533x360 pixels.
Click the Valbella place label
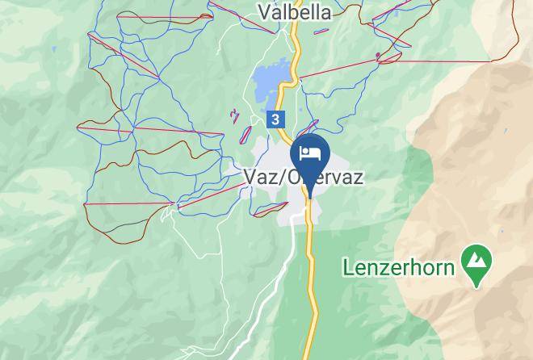click(296, 11)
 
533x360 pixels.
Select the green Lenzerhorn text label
click(398, 266)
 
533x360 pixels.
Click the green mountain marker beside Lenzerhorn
click(476, 262)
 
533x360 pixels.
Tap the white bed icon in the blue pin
click(310, 153)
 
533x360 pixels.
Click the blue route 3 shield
click(276, 119)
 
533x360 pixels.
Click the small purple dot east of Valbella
click(378, 56)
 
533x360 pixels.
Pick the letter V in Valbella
click(263, 11)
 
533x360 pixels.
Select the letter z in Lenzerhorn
click(380, 266)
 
